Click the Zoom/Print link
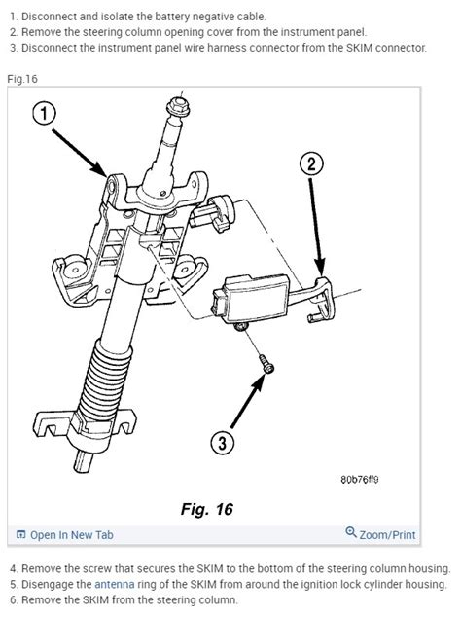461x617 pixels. (x=387, y=534)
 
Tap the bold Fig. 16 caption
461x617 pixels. (x=206, y=509)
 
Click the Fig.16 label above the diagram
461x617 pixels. (x=22, y=77)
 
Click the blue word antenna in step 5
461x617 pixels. (x=117, y=584)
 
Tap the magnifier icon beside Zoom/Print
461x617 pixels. (x=351, y=533)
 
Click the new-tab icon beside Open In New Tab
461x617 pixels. (x=20, y=534)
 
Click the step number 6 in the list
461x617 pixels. (x=13, y=599)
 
